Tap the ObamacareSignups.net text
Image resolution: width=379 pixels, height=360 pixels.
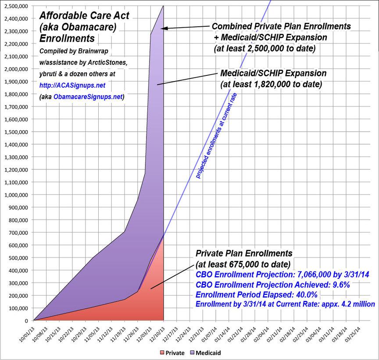pyautogui.click(x=88, y=97)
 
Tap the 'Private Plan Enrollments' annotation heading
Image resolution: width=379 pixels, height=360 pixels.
pyautogui.click(x=243, y=253)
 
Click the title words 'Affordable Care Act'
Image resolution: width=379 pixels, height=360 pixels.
pyautogui.click(x=84, y=16)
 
